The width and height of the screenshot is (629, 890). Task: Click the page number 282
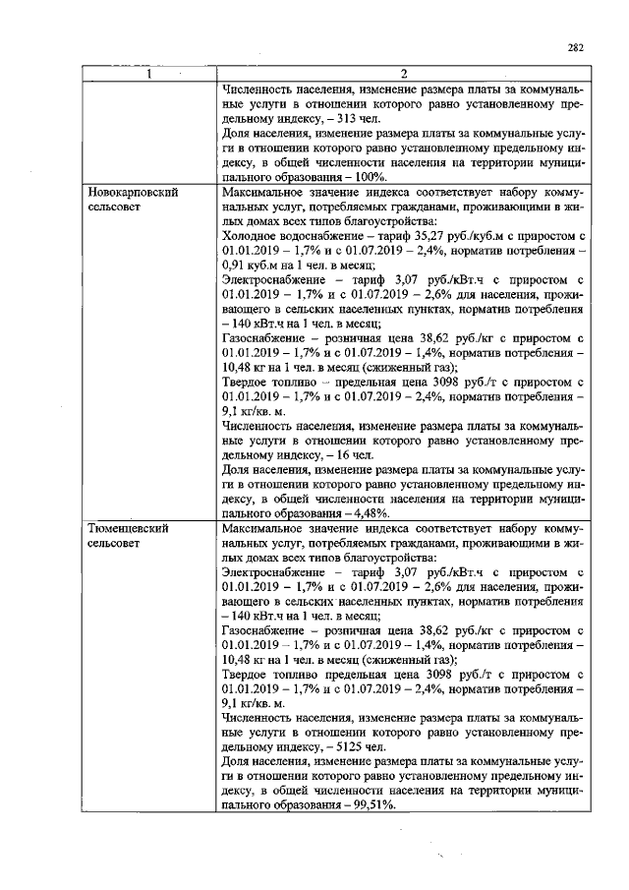pyautogui.click(x=576, y=46)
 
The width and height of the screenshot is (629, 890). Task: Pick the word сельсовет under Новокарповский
pyautogui.click(x=118, y=207)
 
